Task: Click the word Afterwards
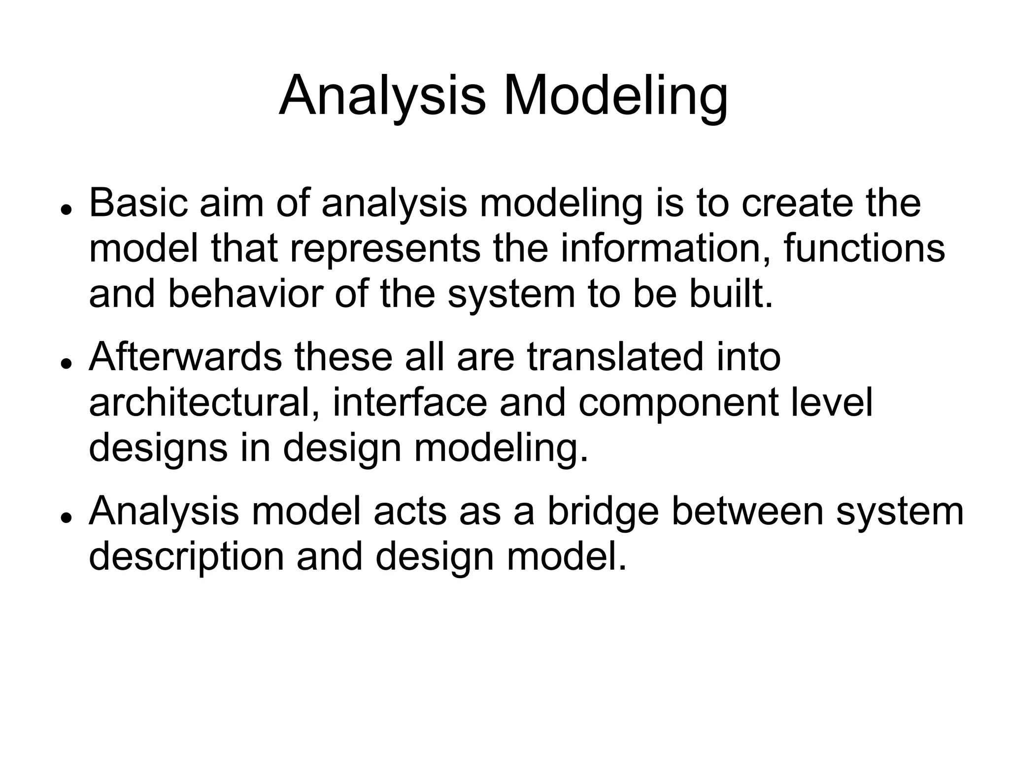pos(185,357)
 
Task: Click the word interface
pos(409,403)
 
